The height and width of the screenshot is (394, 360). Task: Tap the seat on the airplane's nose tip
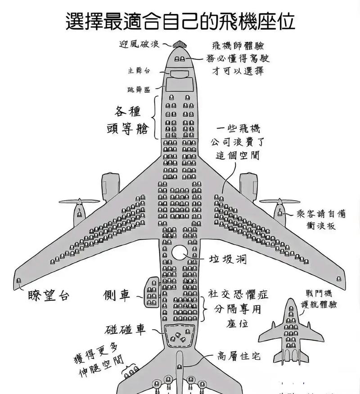[180, 45]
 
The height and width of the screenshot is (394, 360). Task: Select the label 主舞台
[138, 71]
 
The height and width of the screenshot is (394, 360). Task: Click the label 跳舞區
[138, 90]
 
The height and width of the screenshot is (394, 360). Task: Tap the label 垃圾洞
[228, 260]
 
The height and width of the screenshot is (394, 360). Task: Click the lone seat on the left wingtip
[18, 281]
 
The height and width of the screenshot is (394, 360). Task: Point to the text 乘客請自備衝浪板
[322, 220]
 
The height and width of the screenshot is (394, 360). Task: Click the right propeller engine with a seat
[280, 211]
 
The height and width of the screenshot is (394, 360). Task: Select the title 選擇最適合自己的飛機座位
[180, 20]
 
